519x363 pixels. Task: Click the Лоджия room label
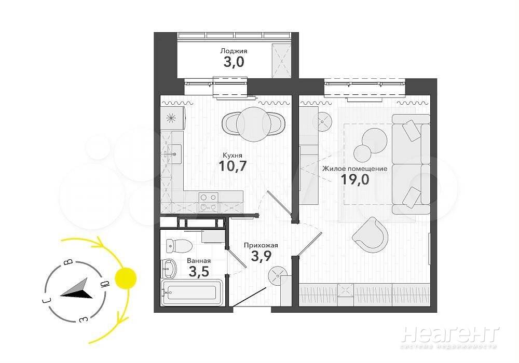(234, 51)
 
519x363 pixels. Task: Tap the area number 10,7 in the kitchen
(233, 166)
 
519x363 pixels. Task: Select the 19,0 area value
(355, 179)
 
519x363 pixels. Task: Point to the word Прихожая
(261, 245)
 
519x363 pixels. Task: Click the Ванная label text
(199, 261)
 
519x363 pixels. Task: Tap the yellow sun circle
(126, 278)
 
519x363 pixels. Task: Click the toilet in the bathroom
(179, 245)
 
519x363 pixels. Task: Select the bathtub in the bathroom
(192, 292)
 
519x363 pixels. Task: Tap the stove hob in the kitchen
(209, 202)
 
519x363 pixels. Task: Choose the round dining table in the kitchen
(254, 124)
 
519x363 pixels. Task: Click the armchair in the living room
(370, 235)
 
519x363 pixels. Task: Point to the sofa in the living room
(411, 164)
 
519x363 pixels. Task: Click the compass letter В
(68, 262)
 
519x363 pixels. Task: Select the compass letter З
(84, 319)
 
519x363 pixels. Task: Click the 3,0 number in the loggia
(234, 62)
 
